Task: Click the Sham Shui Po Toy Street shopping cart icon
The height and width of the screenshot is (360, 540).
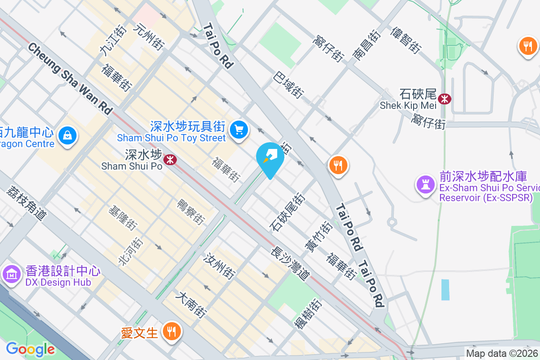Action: (x=239, y=130)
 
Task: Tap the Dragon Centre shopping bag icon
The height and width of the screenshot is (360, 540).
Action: (x=67, y=135)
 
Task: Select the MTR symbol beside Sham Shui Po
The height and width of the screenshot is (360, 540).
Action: (x=170, y=159)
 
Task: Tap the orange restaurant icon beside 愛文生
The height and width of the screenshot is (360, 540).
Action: (x=171, y=332)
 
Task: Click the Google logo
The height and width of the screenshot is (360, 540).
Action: (x=30, y=349)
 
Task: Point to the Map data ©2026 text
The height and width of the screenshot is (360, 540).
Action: (x=502, y=353)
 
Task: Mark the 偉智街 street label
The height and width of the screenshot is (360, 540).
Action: (x=405, y=39)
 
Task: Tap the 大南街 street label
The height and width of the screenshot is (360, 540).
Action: (x=192, y=306)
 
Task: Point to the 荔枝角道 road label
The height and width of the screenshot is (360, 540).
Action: (x=27, y=202)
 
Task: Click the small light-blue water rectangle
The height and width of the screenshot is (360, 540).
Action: (x=445, y=290)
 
